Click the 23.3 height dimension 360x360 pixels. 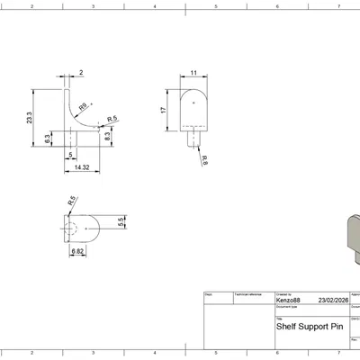pos(30,117)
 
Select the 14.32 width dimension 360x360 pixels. pos(82,167)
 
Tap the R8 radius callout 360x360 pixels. pos(84,106)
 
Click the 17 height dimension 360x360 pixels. pos(163,110)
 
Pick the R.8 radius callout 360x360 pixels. pos(205,160)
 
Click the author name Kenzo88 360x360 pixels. pos(290,301)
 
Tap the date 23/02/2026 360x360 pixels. pos(331,301)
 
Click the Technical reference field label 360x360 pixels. pos(247,293)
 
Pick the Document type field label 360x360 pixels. pos(287,307)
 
